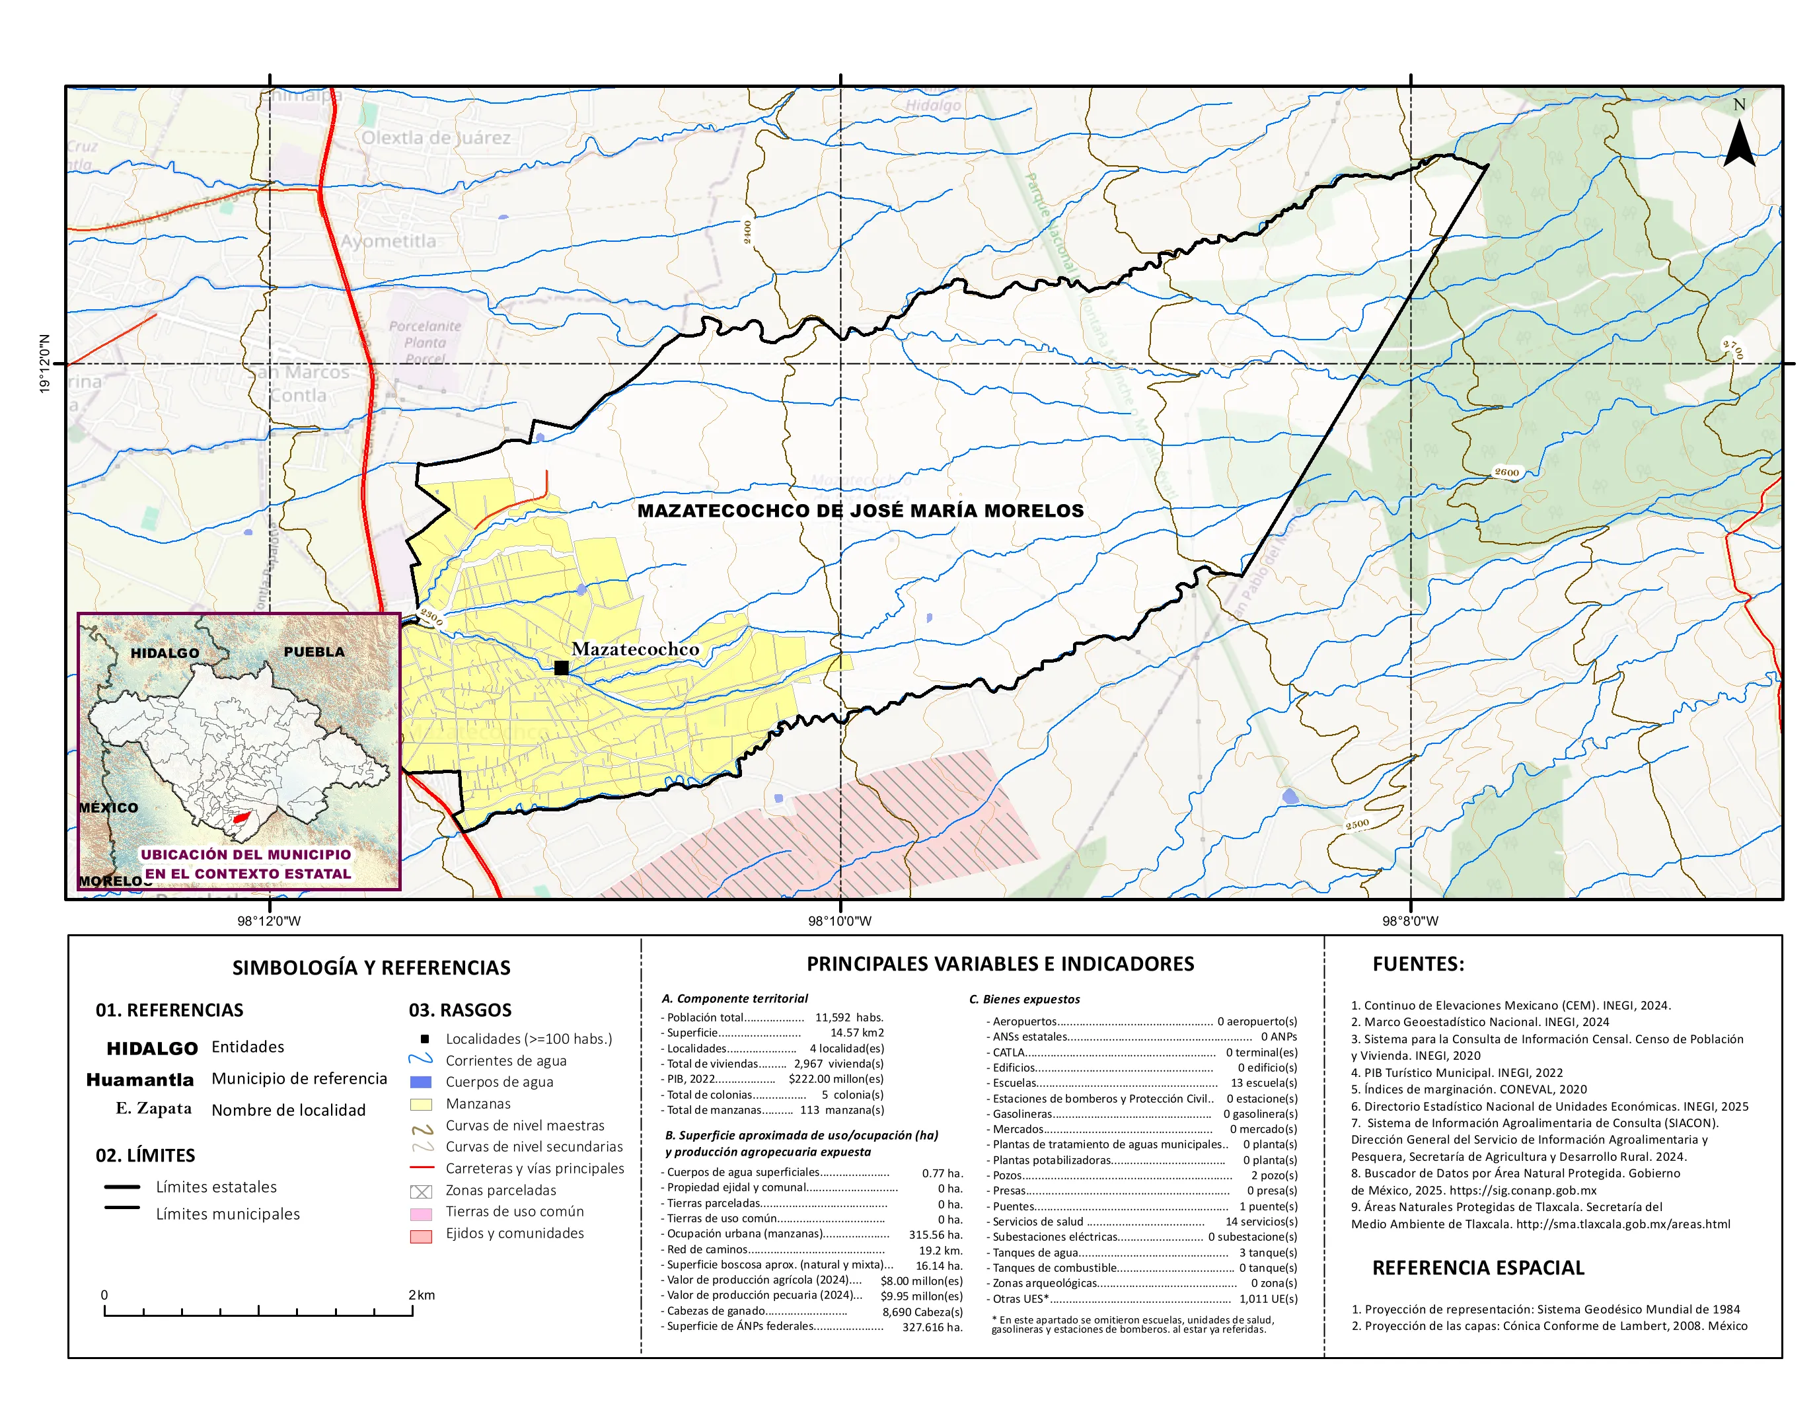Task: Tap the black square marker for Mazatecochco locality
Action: coord(562,667)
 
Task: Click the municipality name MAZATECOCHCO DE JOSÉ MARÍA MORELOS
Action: coord(860,511)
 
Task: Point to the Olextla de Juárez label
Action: coord(435,137)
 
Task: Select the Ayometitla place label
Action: coord(388,241)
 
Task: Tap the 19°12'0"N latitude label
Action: coord(45,363)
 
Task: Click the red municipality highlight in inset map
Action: coord(241,819)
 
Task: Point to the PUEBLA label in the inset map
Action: coord(314,652)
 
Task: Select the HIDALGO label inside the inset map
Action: coord(165,653)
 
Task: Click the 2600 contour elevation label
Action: coord(1506,472)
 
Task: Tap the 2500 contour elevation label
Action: coord(1357,825)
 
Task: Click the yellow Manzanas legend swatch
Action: coord(421,1105)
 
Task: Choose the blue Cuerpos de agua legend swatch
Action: coord(421,1082)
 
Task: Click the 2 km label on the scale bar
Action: coord(421,1295)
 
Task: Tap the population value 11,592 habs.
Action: coord(848,1017)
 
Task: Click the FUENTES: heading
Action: coord(1418,964)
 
